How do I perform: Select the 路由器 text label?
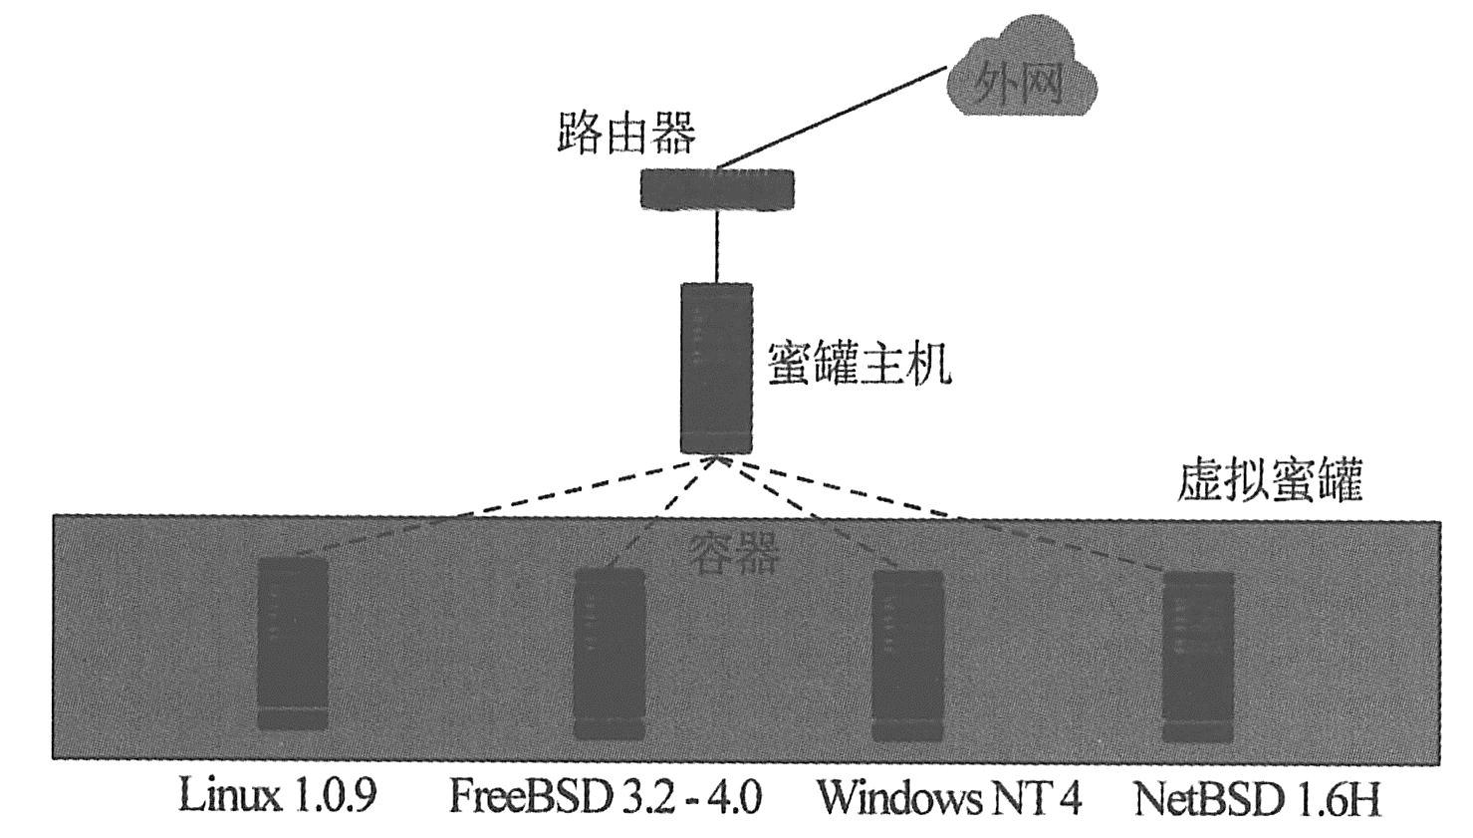click(625, 133)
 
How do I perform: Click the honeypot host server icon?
click(716, 369)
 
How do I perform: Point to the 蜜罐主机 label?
click(859, 365)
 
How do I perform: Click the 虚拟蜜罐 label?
click(1269, 481)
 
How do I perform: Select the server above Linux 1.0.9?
click(292, 644)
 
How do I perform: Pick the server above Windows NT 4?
click(907, 656)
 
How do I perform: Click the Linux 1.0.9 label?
click(278, 797)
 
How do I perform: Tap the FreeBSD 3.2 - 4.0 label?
click(606, 798)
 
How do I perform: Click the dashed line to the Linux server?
click(498, 508)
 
